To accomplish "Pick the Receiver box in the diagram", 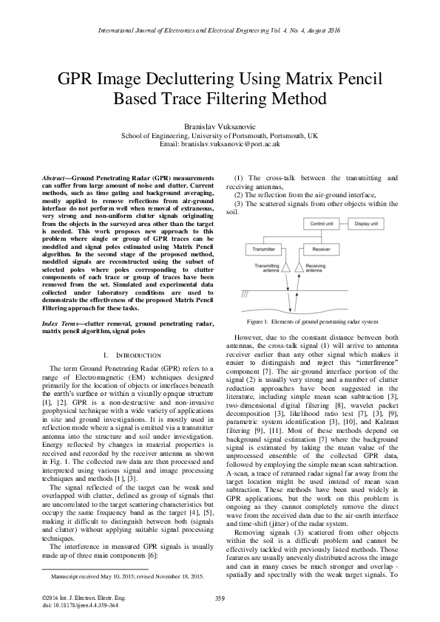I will pyautogui.click(x=320, y=249).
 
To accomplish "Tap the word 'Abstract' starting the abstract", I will pyautogui.click(x=56, y=180).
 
